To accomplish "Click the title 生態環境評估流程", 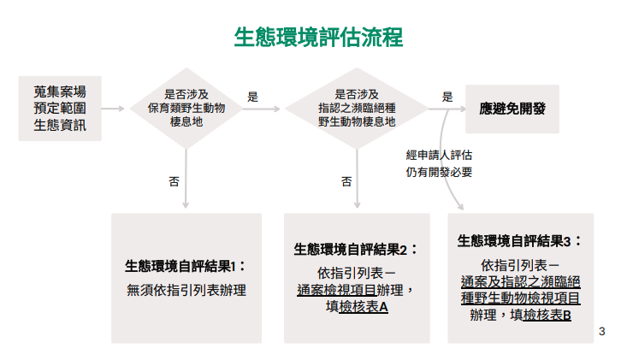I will [318, 37].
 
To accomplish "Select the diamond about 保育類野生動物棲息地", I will [186, 109].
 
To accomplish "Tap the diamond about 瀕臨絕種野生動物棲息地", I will [356, 109].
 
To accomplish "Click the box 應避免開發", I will [512, 109].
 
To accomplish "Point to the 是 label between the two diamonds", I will [252, 97].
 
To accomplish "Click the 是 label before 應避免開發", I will [447, 97].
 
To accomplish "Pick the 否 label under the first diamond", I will [174, 181].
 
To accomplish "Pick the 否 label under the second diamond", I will [346, 181].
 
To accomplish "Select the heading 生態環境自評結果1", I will [186, 265].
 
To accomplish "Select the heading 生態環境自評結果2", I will [356, 249].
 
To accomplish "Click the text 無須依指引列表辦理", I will [186, 290].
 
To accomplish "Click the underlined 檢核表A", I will [364, 306].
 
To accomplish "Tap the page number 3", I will [601, 331].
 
